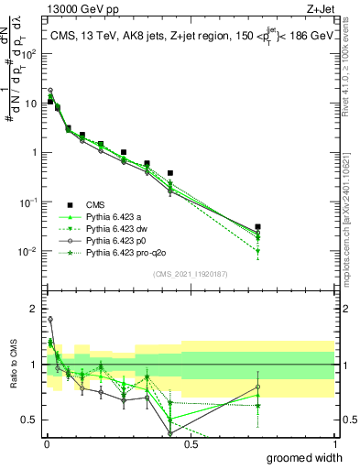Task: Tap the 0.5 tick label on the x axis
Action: [191, 443]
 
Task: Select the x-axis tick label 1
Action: [334, 443]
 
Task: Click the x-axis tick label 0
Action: [46, 443]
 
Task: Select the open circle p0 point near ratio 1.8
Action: [50, 320]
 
